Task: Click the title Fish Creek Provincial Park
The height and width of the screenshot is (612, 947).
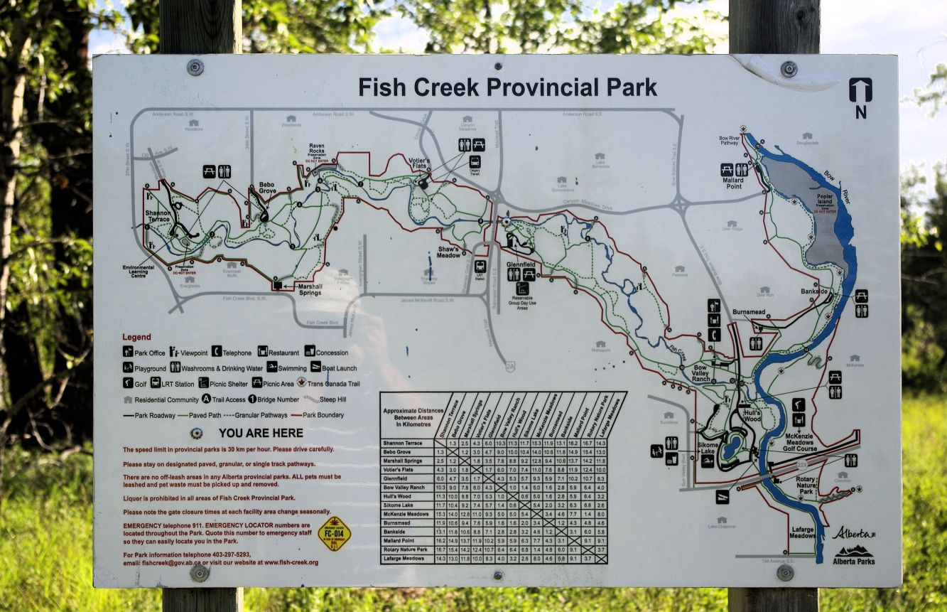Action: click(x=507, y=87)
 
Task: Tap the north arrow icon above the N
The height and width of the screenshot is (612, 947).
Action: click(x=860, y=90)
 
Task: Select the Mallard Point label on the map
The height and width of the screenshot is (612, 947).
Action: click(x=733, y=183)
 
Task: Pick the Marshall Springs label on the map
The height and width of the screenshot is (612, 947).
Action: click(x=310, y=289)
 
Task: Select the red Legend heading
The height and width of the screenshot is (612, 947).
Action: click(x=136, y=337)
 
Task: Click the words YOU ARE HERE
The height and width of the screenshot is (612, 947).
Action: click(x=261, y=433)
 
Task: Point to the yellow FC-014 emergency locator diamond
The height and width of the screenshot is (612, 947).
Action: click(x=334, y=534)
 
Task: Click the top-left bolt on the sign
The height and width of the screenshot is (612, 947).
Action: click(x=195, y=68)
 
